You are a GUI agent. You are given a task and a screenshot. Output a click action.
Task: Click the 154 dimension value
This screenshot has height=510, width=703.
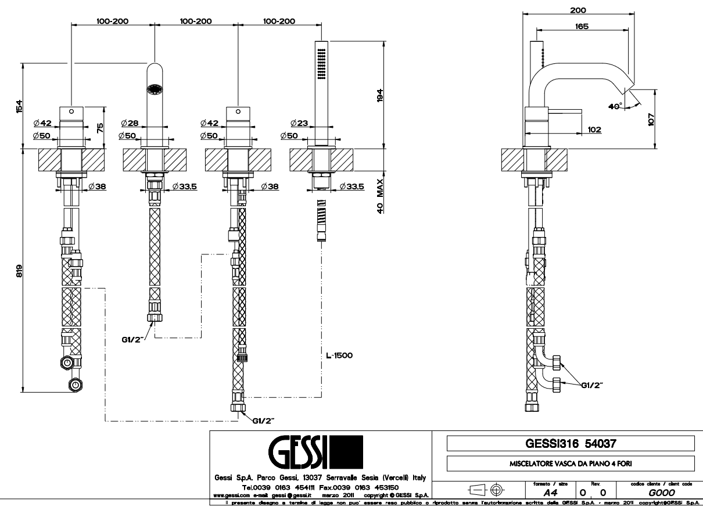click(x=19, y=106)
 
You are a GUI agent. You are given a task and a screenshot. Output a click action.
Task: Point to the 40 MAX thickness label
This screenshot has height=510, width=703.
click(x=379, y=196)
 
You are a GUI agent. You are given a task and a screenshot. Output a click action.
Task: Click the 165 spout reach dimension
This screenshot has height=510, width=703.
click(x=582, y=26)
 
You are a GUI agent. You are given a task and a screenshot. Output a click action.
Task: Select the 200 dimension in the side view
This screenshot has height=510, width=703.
click(x=578, y=10)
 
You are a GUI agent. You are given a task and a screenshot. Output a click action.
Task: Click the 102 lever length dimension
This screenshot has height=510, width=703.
click(x=594, y=130)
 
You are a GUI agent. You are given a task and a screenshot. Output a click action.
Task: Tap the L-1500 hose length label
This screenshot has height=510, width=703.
click(x=340, y=354)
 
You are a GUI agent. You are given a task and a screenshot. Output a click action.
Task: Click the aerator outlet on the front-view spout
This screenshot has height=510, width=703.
click(x=155, y=90)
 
